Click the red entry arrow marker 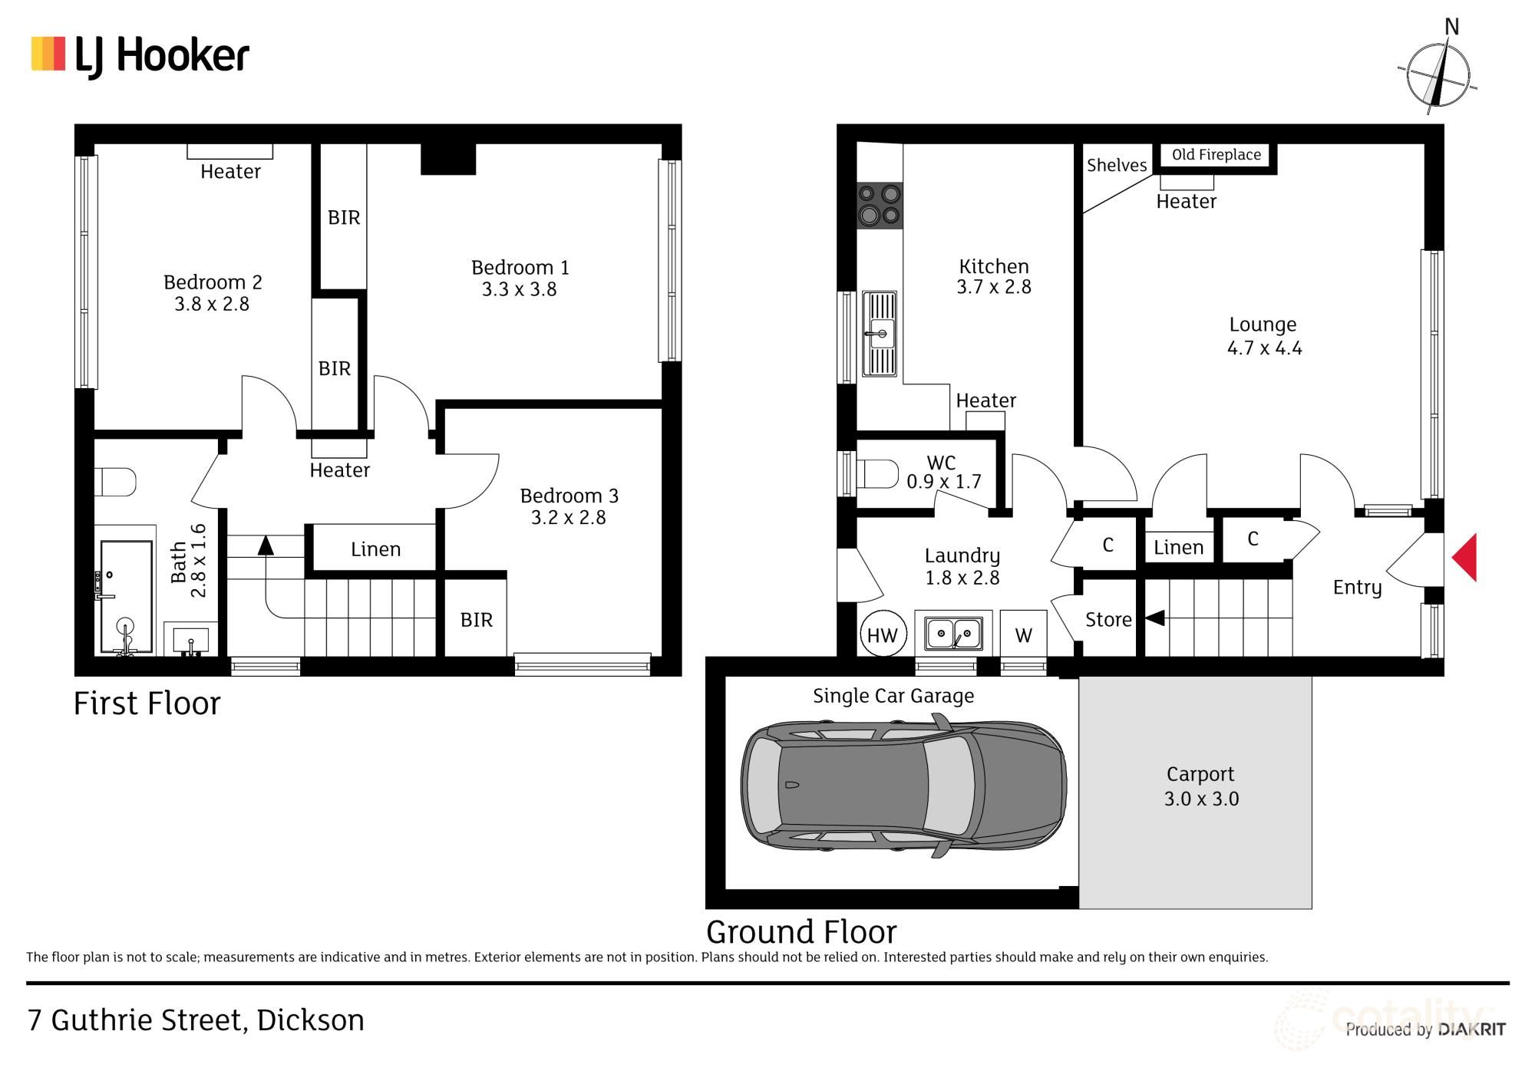pyautogui.click(x=1466, y=558)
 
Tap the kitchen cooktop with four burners pyautogui.click(x=880, y=206)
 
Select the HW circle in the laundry pyautogui.click(x=883, y=635)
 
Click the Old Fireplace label pyautogui.click(x=1216, y=155)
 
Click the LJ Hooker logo pyautogui.click(x=140, y=55)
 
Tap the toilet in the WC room pyautogui.click(x=877, y=474)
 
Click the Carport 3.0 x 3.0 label pyautogui.click(x=1200, y=786)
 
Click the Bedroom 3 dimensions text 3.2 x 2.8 pyautogui.click(x=568, y=518)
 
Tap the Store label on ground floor pyautogui.click(x=1108, y=620)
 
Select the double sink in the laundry pyautogui.click(x=953, y=634)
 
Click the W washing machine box pyautogui.click(x=1023, y=635)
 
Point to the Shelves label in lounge pyautogui.click(x=1116, y=166)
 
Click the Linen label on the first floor pyautogui.click(x=375, y=549)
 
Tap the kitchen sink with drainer pyautogui.click(x=880, y=334)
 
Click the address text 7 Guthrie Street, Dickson pyautogui.click(x=196, y=1020)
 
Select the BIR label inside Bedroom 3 pyautogui.click(x=476, y=620)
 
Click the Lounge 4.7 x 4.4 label pyautogui.click(x=1263, y=336)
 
